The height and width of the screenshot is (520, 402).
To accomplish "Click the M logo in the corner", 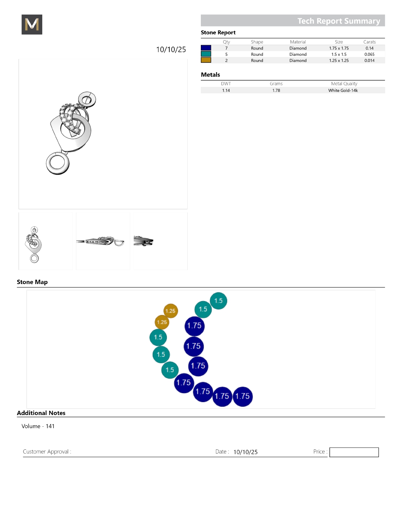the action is pos(32,24).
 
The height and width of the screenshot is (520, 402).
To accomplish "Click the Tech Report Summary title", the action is pos(339,21).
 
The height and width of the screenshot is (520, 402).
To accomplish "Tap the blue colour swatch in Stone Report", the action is pos(206,48).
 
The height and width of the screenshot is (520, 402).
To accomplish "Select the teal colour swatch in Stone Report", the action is pos(206,54).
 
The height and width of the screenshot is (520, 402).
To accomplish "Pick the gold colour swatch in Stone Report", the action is pos(206,60).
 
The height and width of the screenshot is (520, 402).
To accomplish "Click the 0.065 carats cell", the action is pos(369,54).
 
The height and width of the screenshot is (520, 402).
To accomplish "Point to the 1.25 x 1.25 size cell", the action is pos(339,61).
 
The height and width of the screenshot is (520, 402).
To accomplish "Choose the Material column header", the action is pos(298,42).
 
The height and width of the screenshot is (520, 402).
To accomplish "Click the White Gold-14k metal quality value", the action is pos(343,90).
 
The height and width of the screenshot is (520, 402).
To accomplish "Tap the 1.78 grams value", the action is pos(276,90).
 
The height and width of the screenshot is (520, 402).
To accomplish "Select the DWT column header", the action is pos(226,84).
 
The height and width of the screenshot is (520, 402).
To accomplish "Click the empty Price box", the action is pos(354,452).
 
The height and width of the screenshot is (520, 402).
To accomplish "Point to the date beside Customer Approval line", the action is pos(245,452).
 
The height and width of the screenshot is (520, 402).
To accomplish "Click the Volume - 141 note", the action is pos(38,426).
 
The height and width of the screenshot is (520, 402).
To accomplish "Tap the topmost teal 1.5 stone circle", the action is pos(218,301).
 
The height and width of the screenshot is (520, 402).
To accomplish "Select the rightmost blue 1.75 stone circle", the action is pos(242,396).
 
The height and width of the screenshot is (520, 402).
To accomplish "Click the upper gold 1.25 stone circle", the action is pos(171,311).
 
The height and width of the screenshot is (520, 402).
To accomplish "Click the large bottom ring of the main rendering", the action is pos(58,163).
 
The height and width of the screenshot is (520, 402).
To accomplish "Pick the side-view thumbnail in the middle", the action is pos(103,241).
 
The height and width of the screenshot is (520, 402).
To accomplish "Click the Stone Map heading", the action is pos(32,282).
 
